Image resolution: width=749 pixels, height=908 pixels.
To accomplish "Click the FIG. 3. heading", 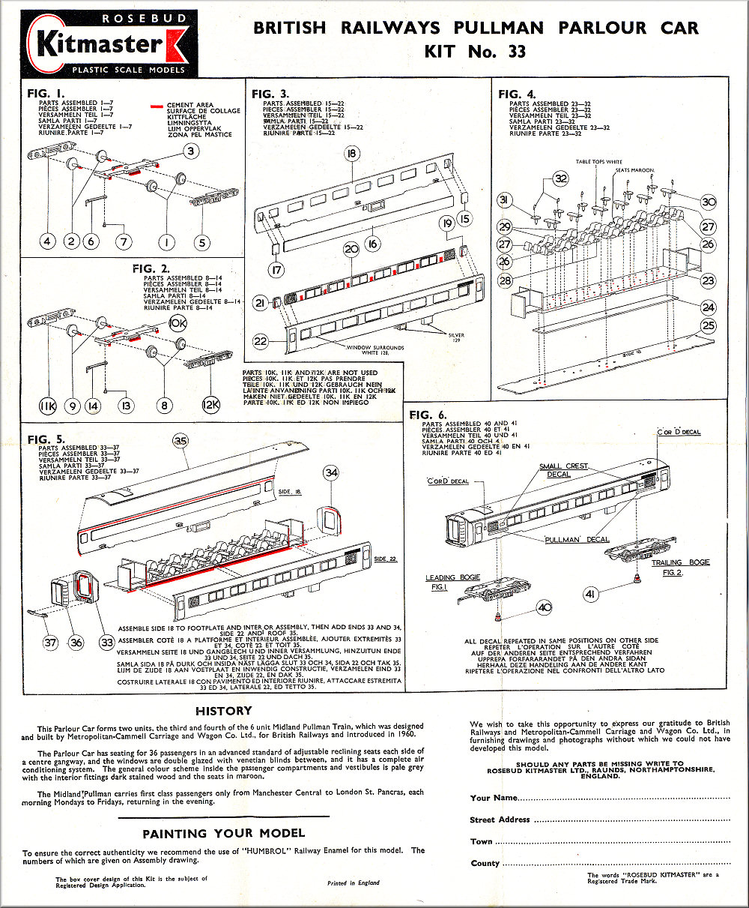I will tap(270, 94).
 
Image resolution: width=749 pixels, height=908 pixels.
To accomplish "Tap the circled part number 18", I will tap(352, 155).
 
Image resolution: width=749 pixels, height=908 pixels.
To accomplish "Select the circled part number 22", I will tap(261, 341).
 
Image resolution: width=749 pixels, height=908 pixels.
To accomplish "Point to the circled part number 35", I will tap(181, 442).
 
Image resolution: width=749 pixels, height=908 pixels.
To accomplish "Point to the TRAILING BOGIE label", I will tap(680, 562).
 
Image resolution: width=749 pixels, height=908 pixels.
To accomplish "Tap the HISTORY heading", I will tap(224, 711).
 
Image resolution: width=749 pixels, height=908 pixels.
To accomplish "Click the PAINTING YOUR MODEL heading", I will tap(224, 833).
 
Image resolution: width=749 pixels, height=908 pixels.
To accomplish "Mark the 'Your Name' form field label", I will tap(494, 798).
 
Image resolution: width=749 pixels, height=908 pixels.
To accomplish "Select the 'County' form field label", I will tap(485, 863).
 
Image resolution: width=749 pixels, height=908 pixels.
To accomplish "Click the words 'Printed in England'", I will tap(354, 883).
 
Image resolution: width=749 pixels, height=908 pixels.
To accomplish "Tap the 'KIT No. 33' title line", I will tap(475, 52).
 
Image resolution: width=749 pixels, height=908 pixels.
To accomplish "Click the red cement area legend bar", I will tap(157, 106).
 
